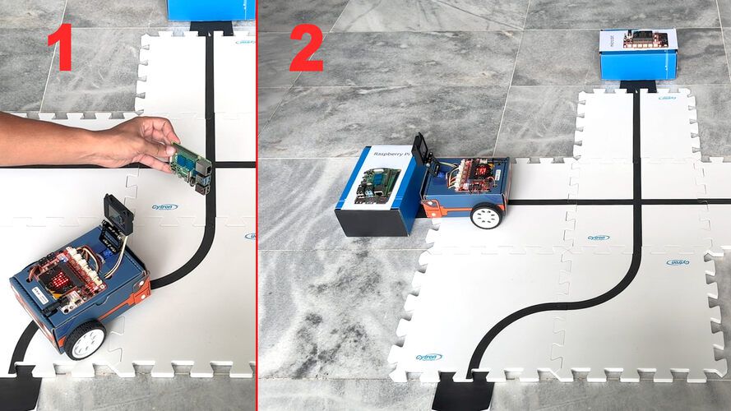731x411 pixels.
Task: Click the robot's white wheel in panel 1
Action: (86, 339)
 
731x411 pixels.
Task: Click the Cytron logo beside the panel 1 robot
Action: (164, 207)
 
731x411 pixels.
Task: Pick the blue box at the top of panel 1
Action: (211, 9)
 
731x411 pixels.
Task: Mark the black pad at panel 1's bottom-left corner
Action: (18, 391)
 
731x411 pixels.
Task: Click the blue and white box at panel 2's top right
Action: (637, 53)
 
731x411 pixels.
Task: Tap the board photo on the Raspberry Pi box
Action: (377, 185)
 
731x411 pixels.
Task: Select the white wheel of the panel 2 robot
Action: (486, 216)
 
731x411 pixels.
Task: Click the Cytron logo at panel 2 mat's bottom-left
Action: (428, 358)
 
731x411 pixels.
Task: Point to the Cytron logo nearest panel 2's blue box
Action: (667, 98)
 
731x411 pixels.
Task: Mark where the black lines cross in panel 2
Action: (636, 201)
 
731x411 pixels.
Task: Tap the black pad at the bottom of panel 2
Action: (460, 392)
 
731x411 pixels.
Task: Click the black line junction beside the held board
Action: (212, 165)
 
